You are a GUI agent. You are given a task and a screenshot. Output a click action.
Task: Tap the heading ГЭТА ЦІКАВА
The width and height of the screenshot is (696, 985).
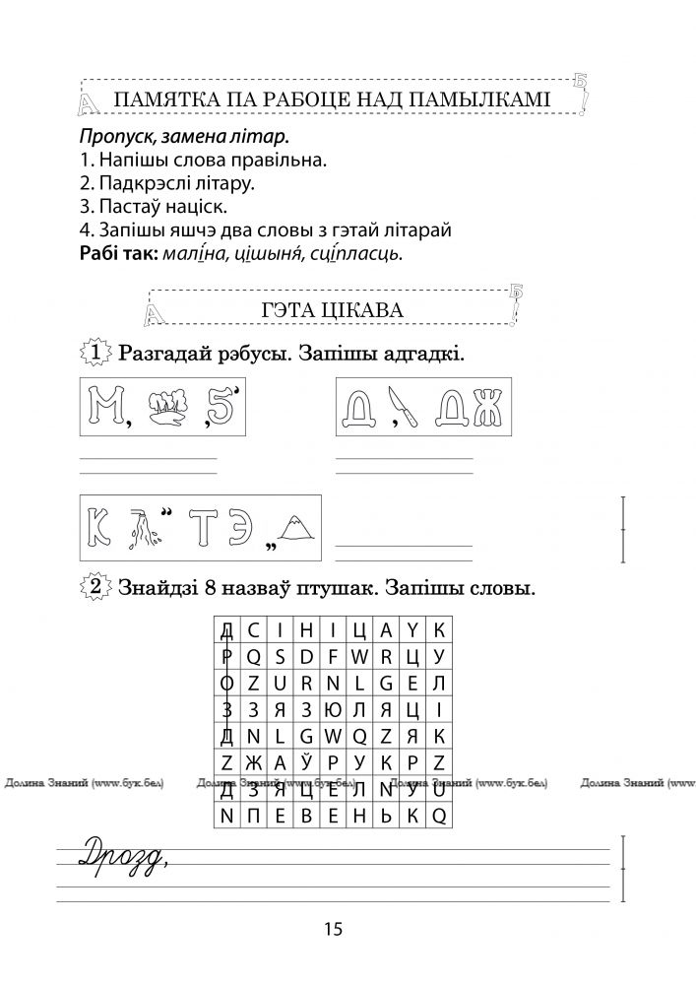tap(332, 309)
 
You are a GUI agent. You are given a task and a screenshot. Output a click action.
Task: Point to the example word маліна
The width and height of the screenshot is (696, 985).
tap(192, 254)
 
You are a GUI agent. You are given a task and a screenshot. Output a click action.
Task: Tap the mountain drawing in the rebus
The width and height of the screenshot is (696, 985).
tap(296, 531)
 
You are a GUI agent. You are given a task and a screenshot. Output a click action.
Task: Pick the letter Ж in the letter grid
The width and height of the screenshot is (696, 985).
tap(253, 761)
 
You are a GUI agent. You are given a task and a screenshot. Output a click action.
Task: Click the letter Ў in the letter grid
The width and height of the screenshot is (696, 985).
tap(306, 761)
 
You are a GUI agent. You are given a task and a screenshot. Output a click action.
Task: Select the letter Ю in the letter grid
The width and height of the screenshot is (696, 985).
tap(333, 709)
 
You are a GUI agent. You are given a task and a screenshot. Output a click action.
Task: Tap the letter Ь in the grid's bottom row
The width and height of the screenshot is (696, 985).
tap(387, 816)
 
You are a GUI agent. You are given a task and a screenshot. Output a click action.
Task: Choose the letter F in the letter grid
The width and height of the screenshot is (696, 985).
tap(333, 656)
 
